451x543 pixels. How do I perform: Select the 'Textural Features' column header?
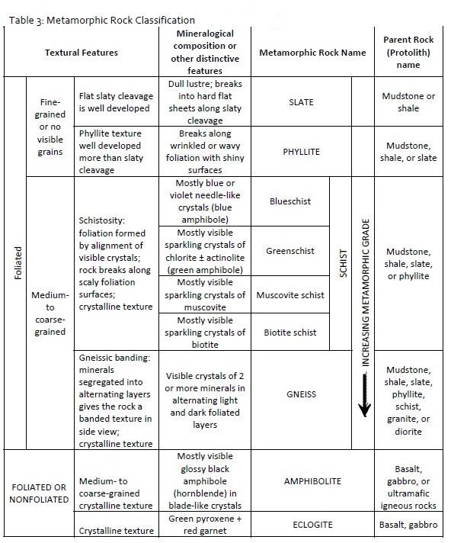(82, 53)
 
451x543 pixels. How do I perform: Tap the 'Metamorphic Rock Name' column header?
(312, 53)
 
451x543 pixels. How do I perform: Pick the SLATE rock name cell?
(302, 102)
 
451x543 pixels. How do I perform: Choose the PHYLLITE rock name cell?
(302, 152)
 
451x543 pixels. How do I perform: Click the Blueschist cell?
(289, 201)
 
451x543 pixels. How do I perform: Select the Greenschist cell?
(289, 250)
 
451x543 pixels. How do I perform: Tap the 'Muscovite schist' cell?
(289, 295)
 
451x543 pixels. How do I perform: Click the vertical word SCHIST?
(343, 263)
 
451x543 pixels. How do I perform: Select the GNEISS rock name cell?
(302, 394)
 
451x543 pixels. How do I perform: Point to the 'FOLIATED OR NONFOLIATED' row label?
(38, 493)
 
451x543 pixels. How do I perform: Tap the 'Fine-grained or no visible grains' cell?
(50, 126)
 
